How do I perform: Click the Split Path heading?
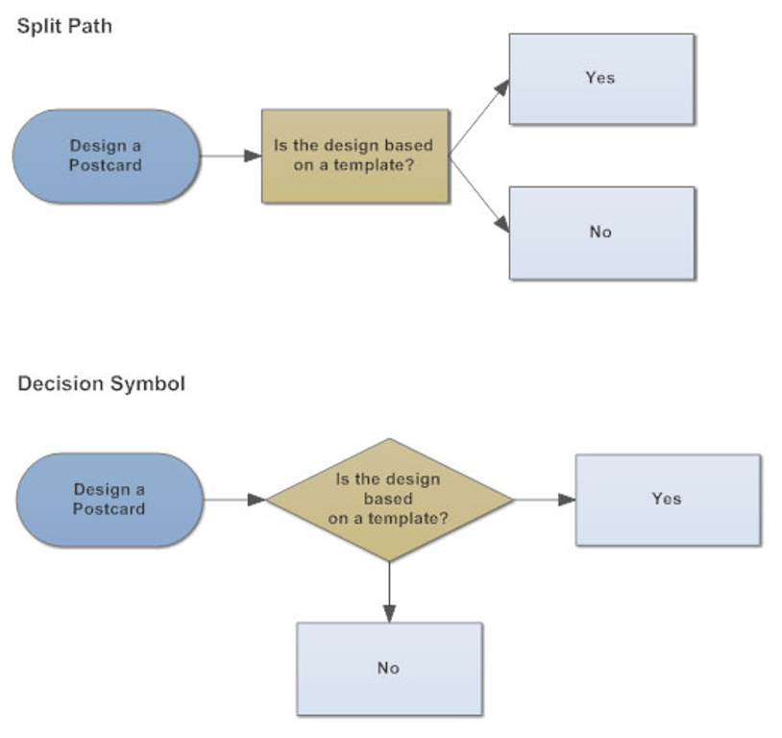[64, 26]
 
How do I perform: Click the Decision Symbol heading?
[101, 383]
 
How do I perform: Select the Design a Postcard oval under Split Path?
[106, 156]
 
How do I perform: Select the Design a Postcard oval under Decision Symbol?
[110, 500]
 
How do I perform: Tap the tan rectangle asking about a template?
[354, 156]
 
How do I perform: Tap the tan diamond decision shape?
[389, 500]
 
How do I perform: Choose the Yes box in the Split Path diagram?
[600, 79]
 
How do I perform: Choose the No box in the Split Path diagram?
[600, 233]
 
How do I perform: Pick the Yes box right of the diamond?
[667, 500]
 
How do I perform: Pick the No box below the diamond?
[388, 669]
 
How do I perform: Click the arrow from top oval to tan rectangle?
[232, 156]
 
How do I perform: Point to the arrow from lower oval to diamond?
[235, 500]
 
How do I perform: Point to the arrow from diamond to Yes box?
[545, 500]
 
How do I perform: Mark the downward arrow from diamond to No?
[389, 591]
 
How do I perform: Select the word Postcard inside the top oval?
[106, 165]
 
